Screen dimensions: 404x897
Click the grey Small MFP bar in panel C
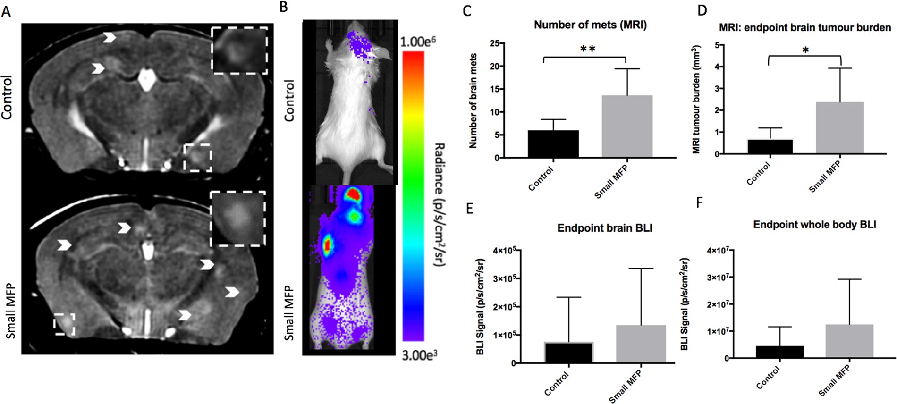tap(627, 126)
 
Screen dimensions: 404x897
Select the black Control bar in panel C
tap(553, 144)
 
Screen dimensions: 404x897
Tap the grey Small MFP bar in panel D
tap(840, 128)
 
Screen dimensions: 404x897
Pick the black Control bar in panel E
tap(568, 353)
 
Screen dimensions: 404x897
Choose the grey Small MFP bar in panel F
tap(849, 341)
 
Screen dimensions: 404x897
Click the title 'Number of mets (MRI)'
tap(590, 25)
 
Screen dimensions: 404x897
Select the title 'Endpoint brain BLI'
tap(605, 228)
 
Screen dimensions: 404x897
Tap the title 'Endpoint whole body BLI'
tap(814, 225)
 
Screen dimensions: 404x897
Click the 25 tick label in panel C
tap(494, 44)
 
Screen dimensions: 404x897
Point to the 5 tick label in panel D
tap(717, 45)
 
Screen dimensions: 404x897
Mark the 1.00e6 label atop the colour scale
tap(418, 42)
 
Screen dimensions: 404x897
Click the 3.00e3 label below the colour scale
tap(419, 355)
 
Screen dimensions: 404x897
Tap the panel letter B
tap(283, 8)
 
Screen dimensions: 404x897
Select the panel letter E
tap(469, 209)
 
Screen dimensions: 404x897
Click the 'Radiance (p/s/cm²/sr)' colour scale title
tap(439, 204)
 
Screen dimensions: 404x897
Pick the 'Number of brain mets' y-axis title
tap(473, 101)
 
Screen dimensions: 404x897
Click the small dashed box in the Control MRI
tap(198, 158)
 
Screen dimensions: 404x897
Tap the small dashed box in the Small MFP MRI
tap(64, 324)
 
